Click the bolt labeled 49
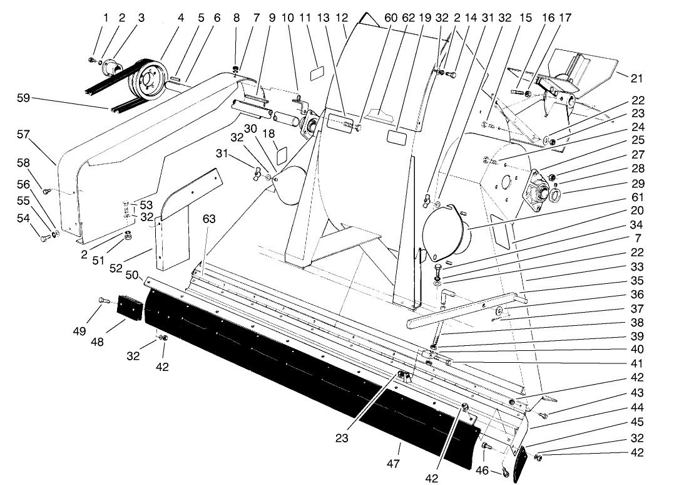[x=103, y=302]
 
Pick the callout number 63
[x=208, y=219]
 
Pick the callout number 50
[x=132, y=276]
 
